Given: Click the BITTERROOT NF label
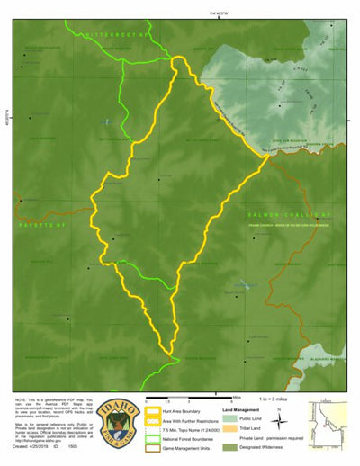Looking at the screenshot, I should pos(114,33).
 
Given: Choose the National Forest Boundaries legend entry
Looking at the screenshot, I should pos(189,444).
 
